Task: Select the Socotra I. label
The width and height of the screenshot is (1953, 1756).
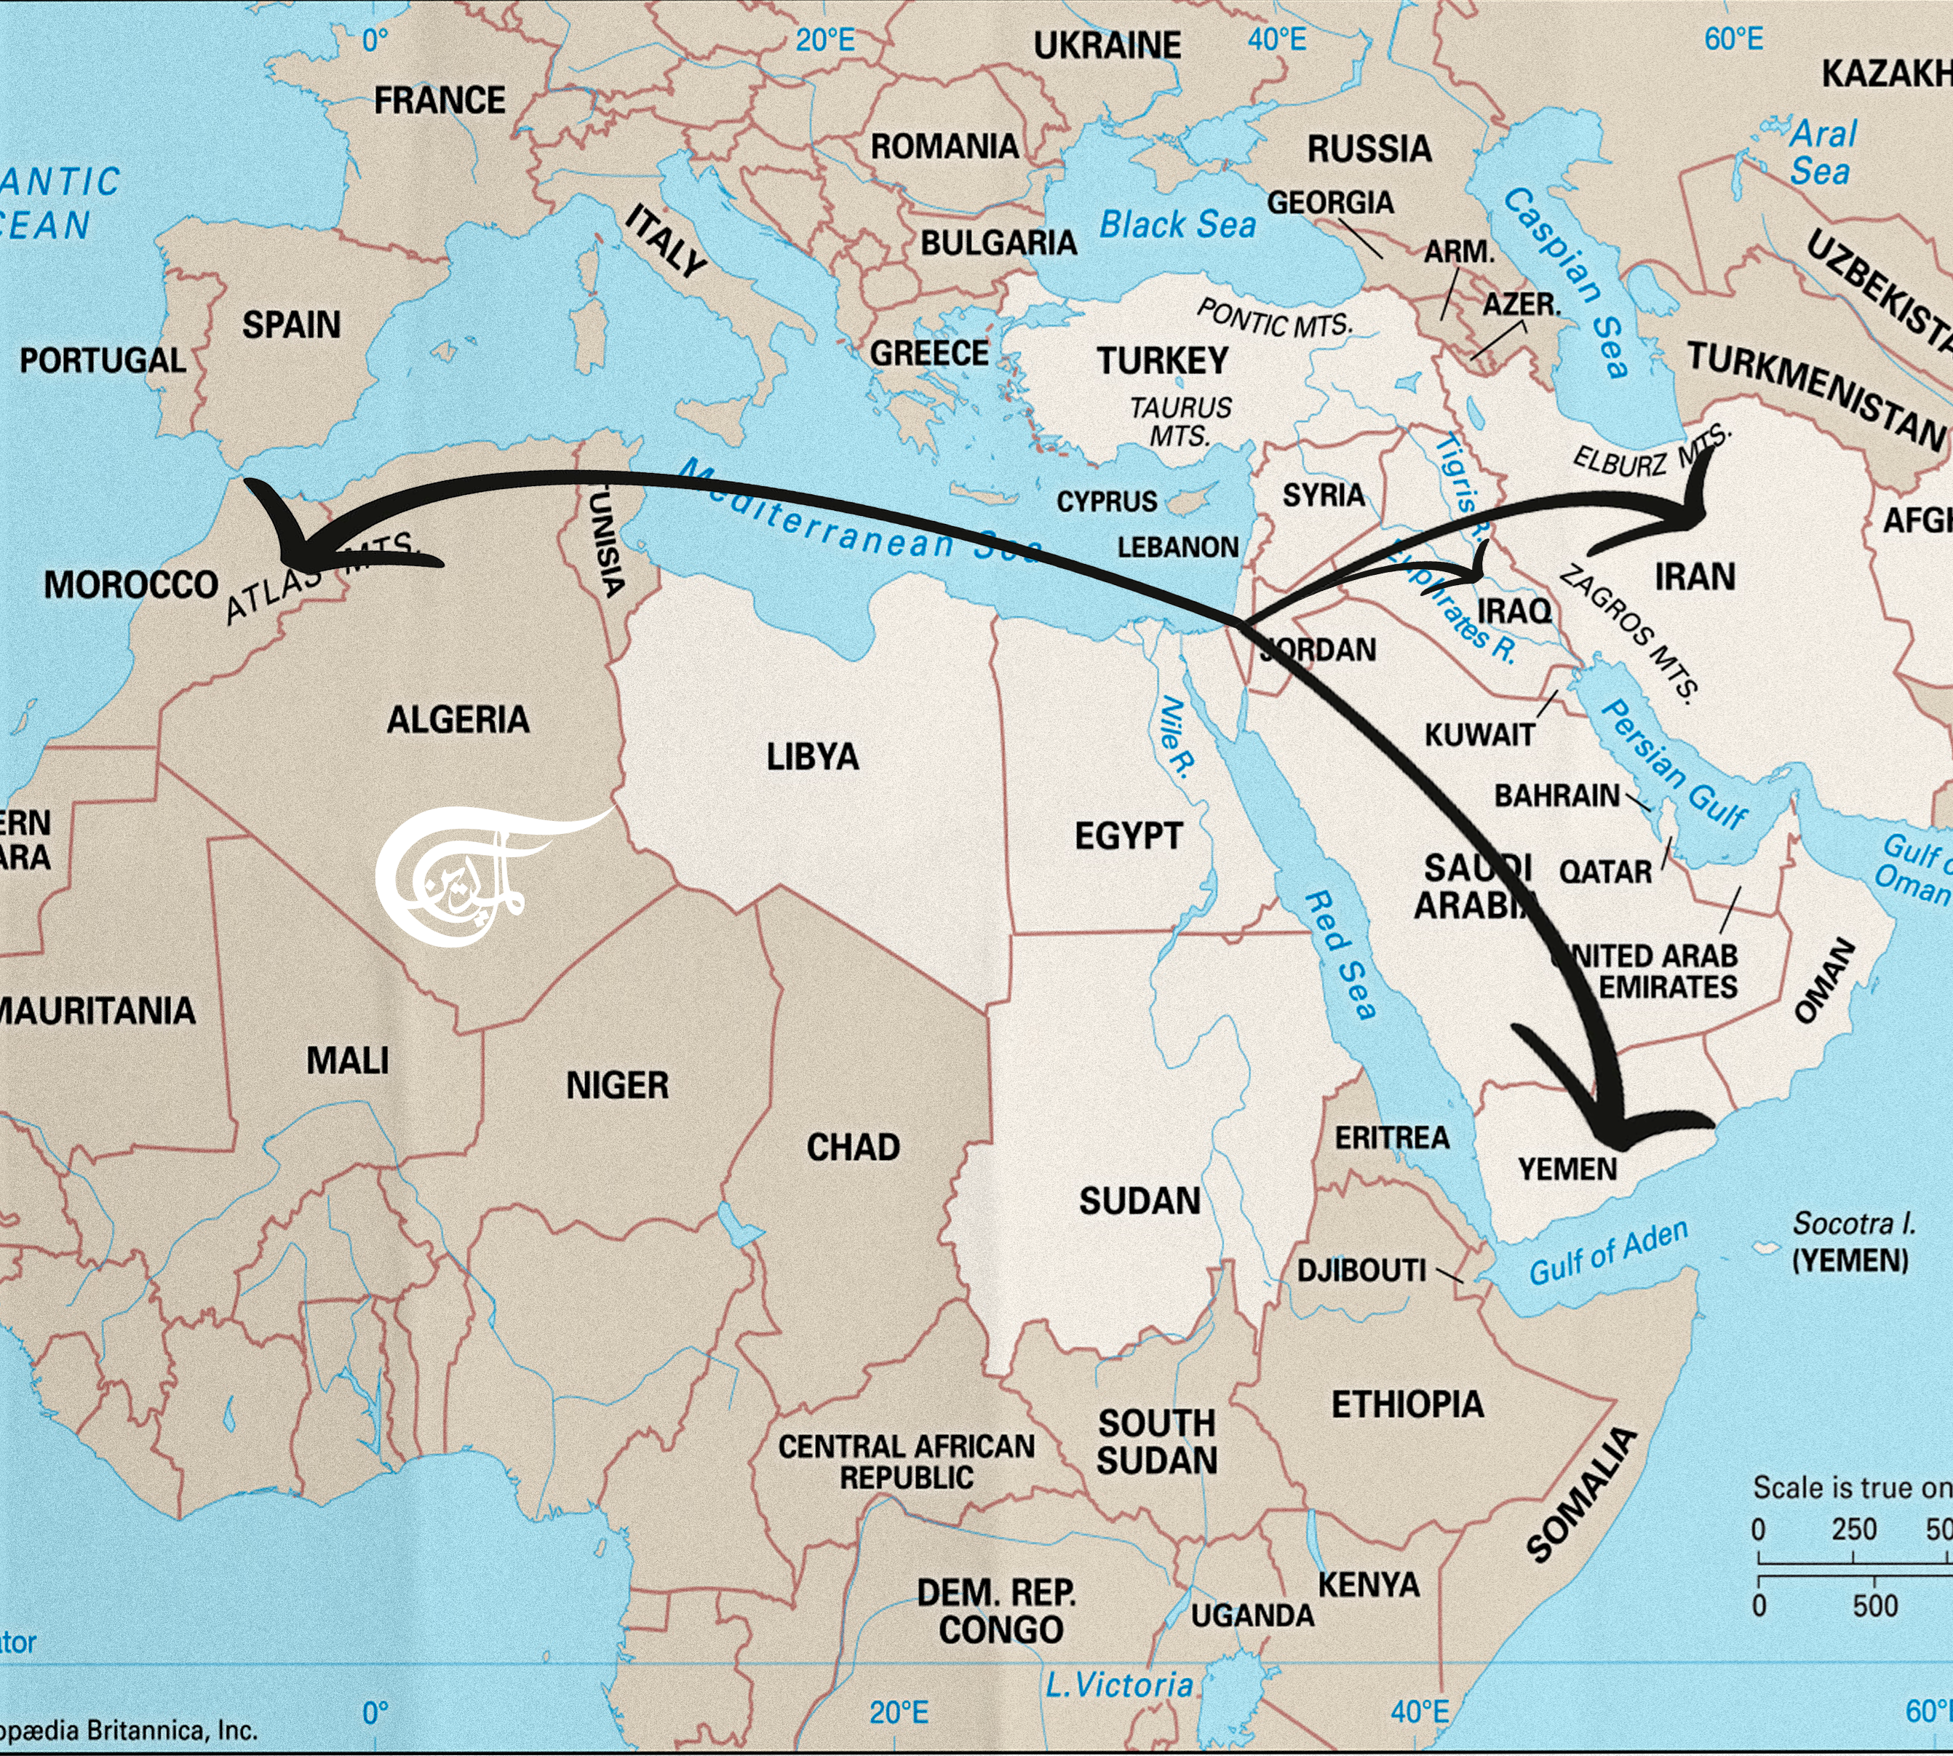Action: (x=1853, y=1223)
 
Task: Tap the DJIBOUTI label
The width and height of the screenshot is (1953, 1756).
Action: (x=1361, y=1270)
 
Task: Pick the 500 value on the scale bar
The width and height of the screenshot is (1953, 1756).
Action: (x=1875, y=1605)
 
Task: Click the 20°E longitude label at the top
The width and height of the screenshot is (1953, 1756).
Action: (x=825, y=41)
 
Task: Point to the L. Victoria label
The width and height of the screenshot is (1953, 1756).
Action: (x=1119, y=1685)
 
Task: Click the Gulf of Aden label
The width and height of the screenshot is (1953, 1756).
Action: (x=1609, y=1252)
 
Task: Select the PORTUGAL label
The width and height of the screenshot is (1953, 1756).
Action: (x=103, y=361)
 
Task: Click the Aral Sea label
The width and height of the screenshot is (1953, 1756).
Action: (x=1822, y=152)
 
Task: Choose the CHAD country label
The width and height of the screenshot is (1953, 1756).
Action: (x=853, y=1147)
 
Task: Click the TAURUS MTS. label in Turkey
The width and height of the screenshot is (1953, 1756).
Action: (x=1180, y=421)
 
